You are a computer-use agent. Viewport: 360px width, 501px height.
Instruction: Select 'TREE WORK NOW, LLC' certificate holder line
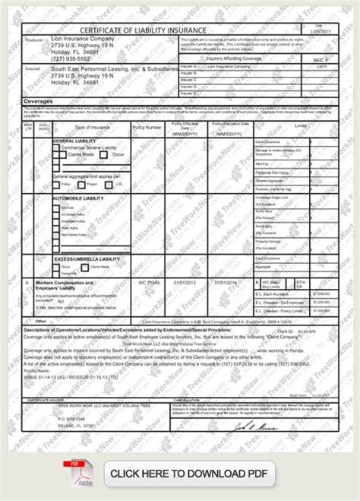pos(73,406)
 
